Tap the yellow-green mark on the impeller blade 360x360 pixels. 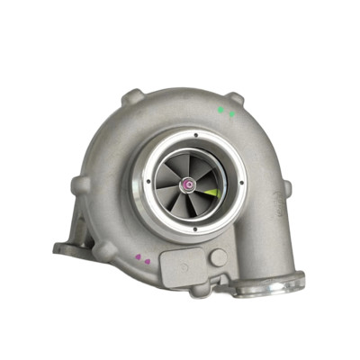tap(211, 192)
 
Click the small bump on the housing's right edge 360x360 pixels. tap(287, 187)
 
